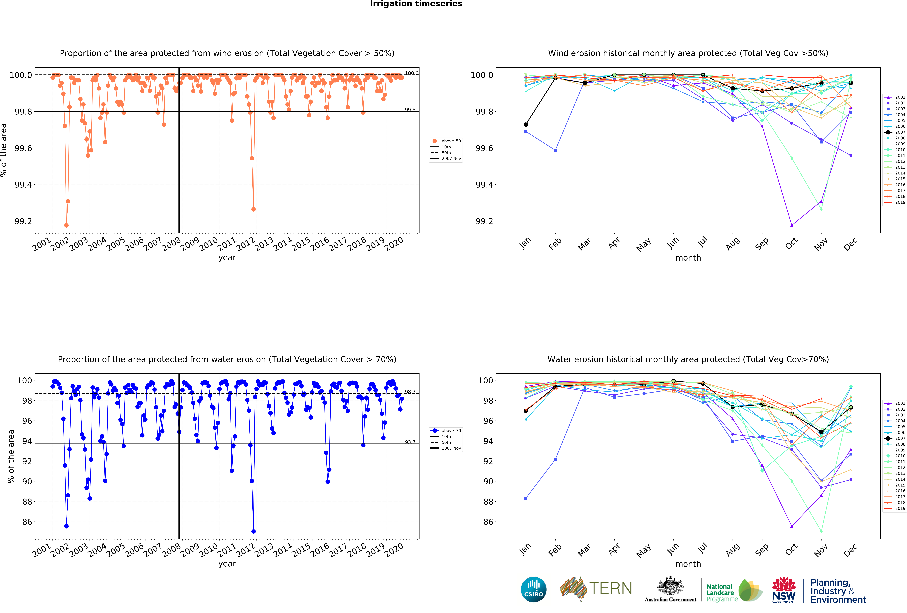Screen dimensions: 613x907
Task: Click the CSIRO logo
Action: pos(533,589)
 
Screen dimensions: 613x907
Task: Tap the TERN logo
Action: pos(596,588)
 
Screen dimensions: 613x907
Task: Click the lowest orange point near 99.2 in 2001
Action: pos(66,225)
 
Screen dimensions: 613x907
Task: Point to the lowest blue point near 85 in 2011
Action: pos(253,531)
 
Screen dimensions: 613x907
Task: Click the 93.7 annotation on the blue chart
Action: pos(410,442)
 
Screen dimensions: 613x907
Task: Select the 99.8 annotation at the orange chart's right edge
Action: pos(410,110)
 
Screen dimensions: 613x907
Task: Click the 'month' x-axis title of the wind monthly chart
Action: pos(688,258)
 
